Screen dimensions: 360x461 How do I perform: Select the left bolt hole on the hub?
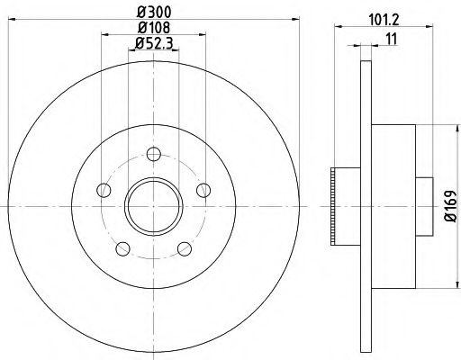(x=103, y=190)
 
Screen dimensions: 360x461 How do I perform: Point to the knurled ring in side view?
(x=338, y=206)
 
